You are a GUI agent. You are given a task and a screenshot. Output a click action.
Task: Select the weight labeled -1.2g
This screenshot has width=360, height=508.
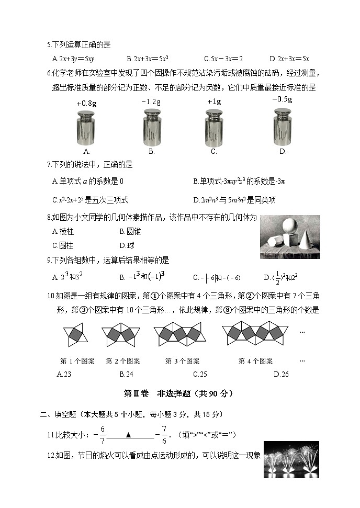152,127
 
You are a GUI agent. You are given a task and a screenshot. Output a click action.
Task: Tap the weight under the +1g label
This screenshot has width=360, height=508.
214,127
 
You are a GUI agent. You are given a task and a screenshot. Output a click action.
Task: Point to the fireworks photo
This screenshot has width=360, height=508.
291,459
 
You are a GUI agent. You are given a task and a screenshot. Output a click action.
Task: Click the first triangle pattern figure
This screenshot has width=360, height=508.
76,335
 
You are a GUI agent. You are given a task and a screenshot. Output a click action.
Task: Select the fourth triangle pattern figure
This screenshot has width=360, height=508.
256,335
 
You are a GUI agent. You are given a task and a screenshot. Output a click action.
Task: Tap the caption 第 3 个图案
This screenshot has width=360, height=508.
182,361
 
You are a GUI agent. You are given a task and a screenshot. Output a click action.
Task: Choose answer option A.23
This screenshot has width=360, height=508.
63,374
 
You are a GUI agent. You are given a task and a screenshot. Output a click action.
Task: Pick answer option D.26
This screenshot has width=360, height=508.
281,374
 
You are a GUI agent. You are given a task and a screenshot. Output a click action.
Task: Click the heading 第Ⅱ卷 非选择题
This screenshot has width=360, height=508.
178,393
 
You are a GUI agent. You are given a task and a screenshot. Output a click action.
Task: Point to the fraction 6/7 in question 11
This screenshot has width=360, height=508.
103,434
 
